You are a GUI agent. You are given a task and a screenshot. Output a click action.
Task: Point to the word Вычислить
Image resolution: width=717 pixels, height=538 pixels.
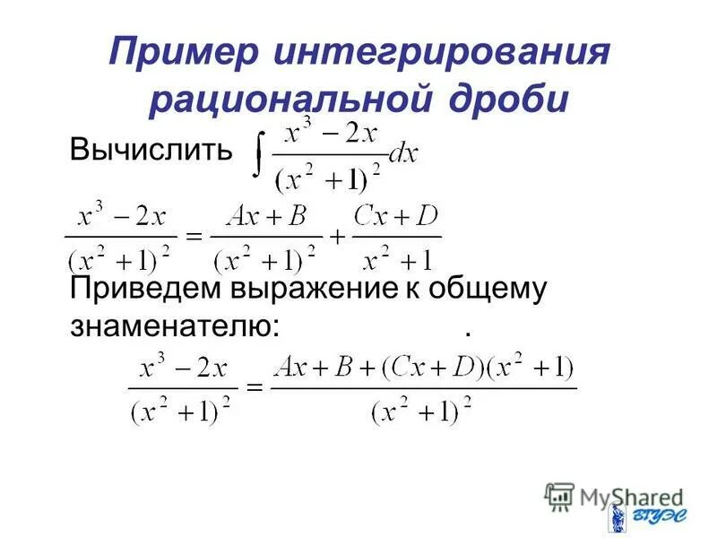click(150, 149)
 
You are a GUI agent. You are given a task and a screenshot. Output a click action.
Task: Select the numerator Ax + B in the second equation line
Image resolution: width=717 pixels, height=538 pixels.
click(267, 218)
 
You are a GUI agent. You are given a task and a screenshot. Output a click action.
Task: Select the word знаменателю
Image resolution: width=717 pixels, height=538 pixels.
click(174, 328)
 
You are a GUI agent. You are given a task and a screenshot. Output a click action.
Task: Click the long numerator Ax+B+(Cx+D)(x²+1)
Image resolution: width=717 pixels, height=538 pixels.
click(423, 369)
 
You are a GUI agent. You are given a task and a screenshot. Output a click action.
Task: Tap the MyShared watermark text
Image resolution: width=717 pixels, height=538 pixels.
click(627, 496)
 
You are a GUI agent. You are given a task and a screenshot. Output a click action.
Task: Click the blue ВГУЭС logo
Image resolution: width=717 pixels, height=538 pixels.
click(639, 517)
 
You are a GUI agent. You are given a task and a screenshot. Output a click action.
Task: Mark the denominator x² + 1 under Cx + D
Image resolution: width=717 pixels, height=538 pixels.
click(398, 259)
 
